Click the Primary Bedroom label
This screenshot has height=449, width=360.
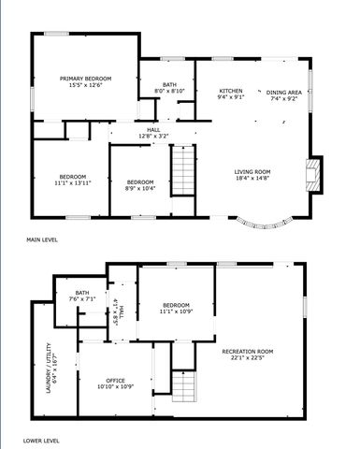pyautogui.click(x=86, y=78)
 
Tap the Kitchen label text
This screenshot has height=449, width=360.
pyautogui.click(x=231, y=91)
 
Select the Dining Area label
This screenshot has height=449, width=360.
pyautogui.click(x=282, y=92)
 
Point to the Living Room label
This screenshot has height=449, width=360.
pyautogui.click(x=252, y=171)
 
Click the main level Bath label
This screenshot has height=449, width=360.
pyautogui.click(x=169, y=85)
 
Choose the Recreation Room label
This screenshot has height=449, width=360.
pyautogui.click(x=247, y=351)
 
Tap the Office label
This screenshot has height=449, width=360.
pyautogui.click(x=115, y=380)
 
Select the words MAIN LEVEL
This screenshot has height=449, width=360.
pyautogui.click(x=43, y=239)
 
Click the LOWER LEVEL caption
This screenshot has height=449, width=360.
pyautogui.click(x=43, y=439)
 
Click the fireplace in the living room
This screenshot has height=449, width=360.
pyautogui.click(x=313, y=173)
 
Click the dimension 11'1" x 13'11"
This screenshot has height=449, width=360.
pyautogui.click(x=72, y=183)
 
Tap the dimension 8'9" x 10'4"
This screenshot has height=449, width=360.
pyautogui.click(x=140, y=187)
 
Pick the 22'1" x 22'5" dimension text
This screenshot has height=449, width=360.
pyautogui.click(x=247, y=357)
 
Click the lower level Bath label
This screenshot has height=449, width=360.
pyautogui.click(x=82, y=294)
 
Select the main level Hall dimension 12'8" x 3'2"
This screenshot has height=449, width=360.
pyautogui.click(x=152, y=137)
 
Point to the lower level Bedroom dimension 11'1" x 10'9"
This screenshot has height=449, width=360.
pyautogui.click(x=176, y=311)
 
